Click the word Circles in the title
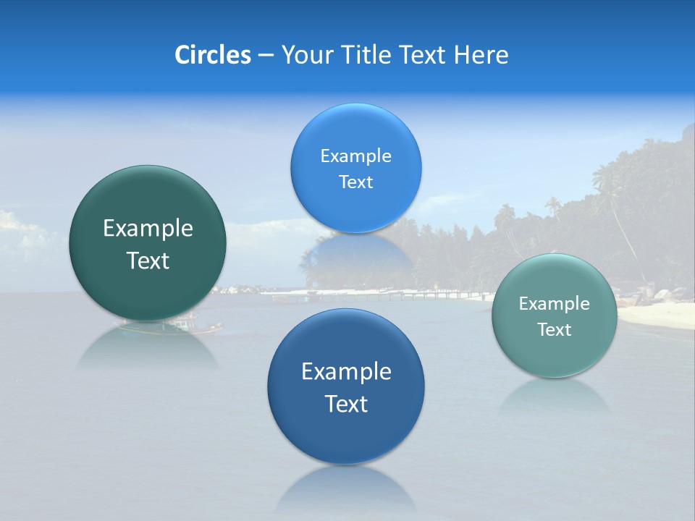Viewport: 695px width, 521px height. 212,55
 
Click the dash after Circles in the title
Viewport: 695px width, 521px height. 266,56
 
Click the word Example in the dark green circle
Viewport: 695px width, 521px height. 148,229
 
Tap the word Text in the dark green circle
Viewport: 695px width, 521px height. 148,260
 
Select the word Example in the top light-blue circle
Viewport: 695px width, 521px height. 355,156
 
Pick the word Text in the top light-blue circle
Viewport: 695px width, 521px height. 355,182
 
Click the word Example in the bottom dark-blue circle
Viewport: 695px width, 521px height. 346,372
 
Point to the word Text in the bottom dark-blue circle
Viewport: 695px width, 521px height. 346,404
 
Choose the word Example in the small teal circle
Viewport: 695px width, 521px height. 554,304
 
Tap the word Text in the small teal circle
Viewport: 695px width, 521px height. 554,330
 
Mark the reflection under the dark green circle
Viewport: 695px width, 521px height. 148,347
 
